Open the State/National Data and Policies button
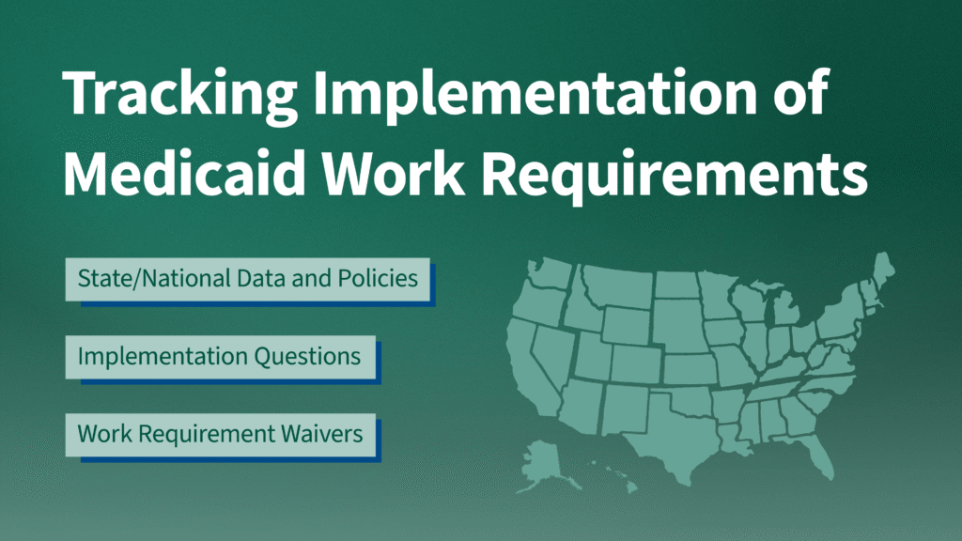tap(247, 279)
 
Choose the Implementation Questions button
tap(219, 357)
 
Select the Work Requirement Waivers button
tap(219, 435)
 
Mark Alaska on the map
tap(545, 460)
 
